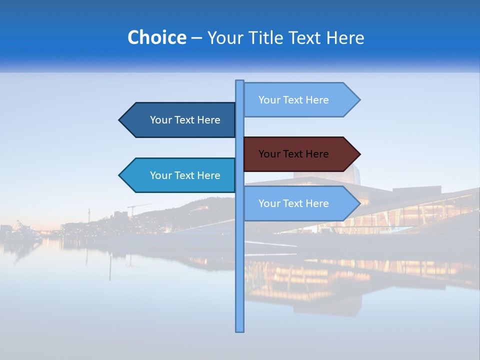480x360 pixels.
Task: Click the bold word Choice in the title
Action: pyautogui.click(x=156, y=37)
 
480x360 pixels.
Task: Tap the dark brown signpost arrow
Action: pyautogui.click(x=300, y=154)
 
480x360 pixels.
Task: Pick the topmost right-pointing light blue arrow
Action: pyautogui.click(x=300, y=100)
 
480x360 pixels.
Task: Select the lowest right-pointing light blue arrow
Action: pyautogui.click(x=300, y=203)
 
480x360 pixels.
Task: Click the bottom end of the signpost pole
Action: pyautogui.click(x=240, y=330)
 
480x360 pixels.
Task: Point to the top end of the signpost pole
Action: pyautogui.click(x=240, y=81)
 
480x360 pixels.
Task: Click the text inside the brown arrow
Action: pyautogui.click(x=293, y=154)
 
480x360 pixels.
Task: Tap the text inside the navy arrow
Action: pyautogui.click(x=185, y=120)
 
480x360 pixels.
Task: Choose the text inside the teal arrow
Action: pyautogui.click(x=185, y=175)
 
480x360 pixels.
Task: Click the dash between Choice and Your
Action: pyautogui.click(x=196, y=38)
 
